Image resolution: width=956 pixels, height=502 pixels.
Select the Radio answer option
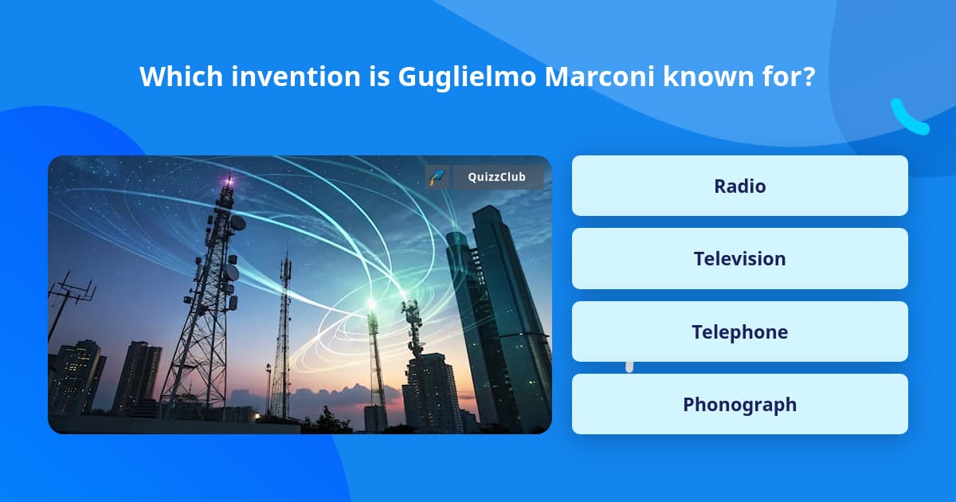[x=739, y=186]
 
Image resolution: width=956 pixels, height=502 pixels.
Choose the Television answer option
[x=739, y=259]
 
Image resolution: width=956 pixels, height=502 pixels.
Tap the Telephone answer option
[x=739, y=331]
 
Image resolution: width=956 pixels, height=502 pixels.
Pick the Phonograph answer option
[x=739, y=404]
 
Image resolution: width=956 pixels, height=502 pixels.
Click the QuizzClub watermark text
[x=497, y=177]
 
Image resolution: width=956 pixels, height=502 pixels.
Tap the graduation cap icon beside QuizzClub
[x=437, y=177]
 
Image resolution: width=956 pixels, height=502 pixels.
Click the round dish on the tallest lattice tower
[x=237, y=223]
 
